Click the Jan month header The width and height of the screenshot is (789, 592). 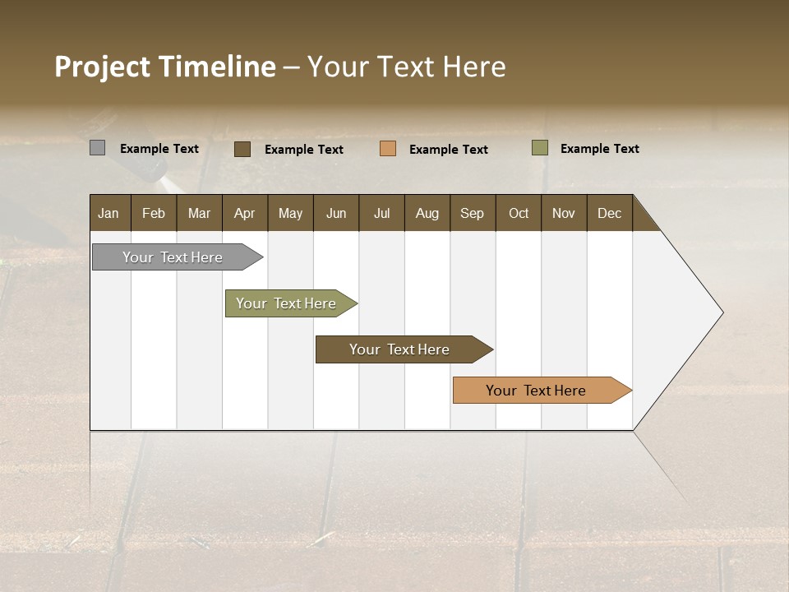tap(109, 213)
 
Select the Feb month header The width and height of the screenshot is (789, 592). tap(154, 213)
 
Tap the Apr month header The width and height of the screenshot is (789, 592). tap(244, 213)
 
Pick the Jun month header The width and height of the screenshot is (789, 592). tap(336, 213)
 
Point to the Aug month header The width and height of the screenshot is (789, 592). tap(427, 213)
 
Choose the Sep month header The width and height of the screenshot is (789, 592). tap(472, 213)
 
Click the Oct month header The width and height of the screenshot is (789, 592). tap(519, 213)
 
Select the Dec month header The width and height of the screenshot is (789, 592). tap(609, 213)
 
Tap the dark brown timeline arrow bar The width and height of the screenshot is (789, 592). tap(400, 349)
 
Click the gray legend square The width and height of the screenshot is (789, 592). tap(98, 148)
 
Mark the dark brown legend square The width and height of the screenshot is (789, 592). tap(242, 149)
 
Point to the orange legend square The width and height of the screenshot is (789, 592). tap(388, 149)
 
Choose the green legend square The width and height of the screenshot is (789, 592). tap(540, 148)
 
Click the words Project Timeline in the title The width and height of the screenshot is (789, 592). tap(165, 67)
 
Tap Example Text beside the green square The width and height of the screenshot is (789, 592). tap(599, 149)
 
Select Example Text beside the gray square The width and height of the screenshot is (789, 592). tap(159, 149)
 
